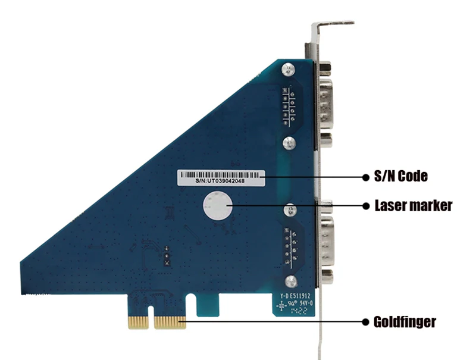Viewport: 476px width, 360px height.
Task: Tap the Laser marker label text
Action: click(414, 206)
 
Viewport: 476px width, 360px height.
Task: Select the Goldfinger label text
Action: click(405, 322)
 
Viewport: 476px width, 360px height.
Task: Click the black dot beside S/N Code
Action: click(367, 176)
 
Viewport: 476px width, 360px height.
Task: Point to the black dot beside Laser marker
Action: click(367, 206)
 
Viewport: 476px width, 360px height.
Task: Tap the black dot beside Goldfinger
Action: click(367, 322)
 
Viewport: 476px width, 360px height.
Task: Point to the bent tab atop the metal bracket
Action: click(333, 24)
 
